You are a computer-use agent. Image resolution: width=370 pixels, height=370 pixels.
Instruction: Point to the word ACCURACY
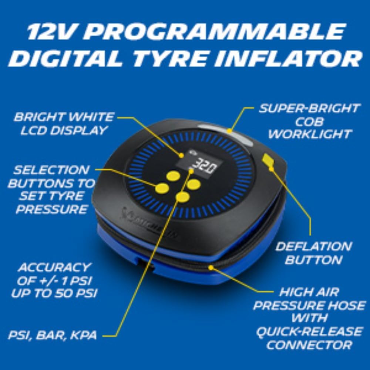pos(54,268)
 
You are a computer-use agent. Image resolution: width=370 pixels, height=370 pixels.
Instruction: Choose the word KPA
pos(84,335)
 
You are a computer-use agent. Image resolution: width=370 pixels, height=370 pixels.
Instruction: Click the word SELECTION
pos(51,170)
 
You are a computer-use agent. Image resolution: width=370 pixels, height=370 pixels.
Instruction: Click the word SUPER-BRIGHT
pos(309,108)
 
